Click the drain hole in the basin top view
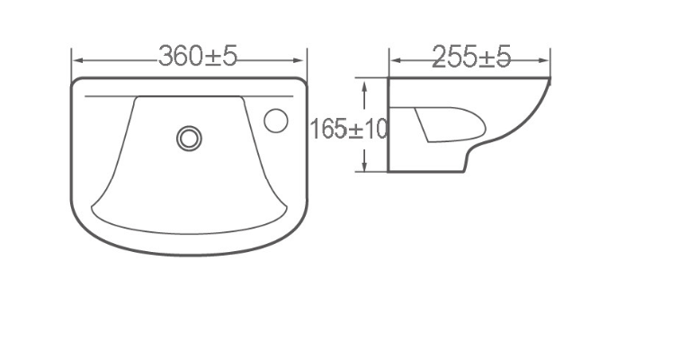click(x=189, y=138)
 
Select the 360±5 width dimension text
click(x=198, y=57)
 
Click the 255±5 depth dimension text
click(x=470, y=57)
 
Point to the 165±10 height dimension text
click(x=348, y=129)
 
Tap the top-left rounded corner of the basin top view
click(x=76, y=84)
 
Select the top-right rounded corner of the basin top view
click(x=301, y=84)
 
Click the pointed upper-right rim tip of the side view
click(x=548, y=81)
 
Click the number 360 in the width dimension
click(x=181, y=57)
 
